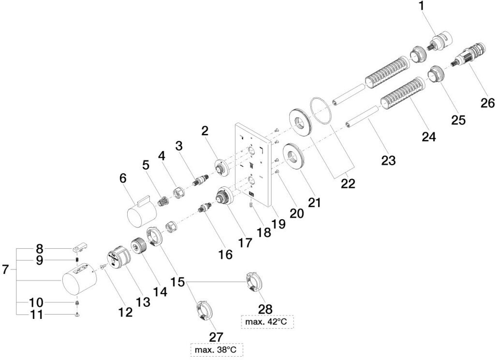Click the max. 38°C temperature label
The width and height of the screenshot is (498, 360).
217,350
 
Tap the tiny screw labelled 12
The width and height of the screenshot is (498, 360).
103,266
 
